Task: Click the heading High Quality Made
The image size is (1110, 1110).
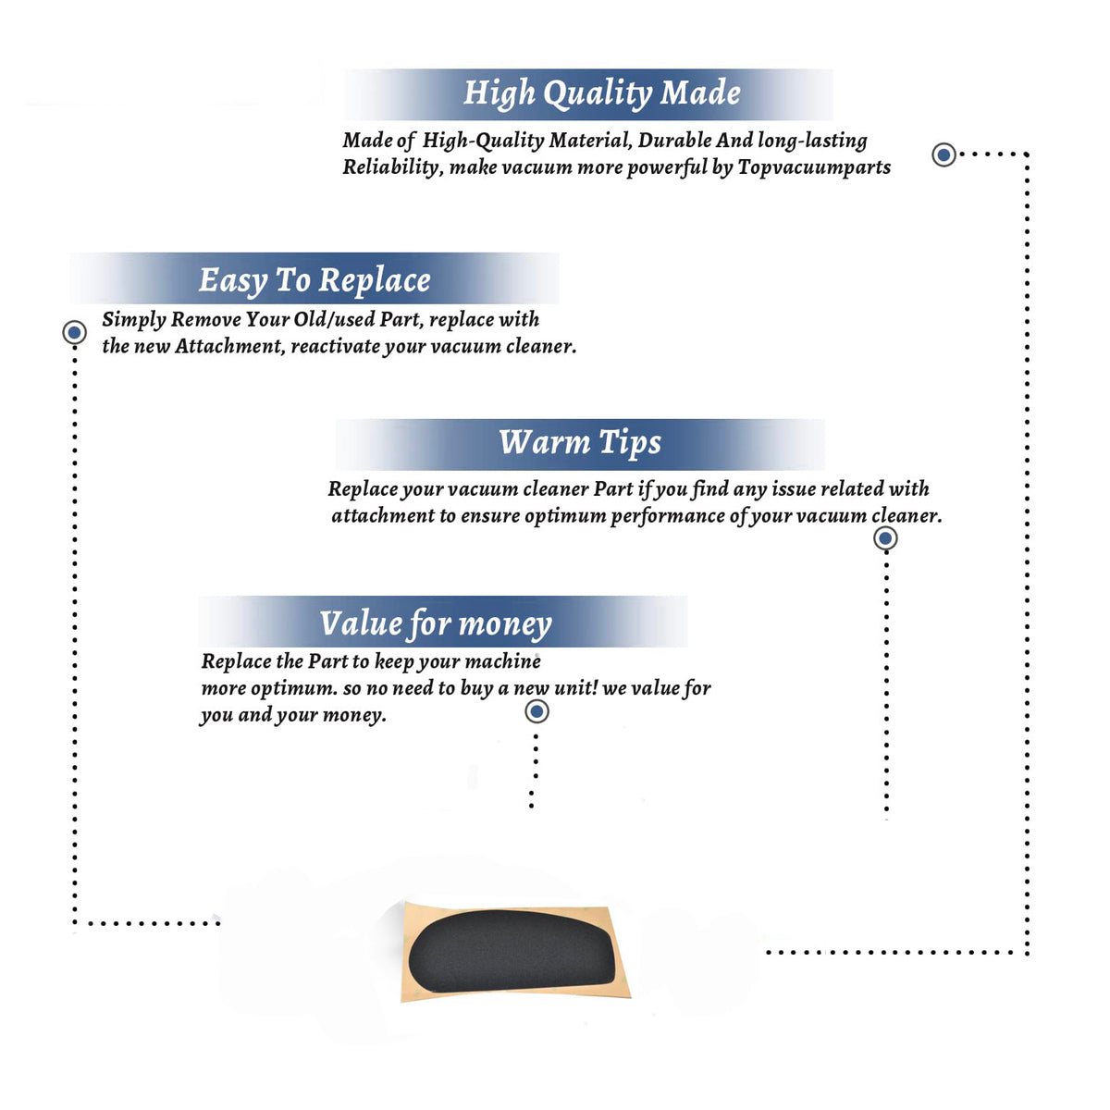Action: point(601,93)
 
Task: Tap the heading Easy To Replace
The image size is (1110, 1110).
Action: point(314,281)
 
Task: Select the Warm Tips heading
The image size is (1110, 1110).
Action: point(579,443)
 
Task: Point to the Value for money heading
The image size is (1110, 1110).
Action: point(436,623)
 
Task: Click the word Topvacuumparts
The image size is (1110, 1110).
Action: point(814,167)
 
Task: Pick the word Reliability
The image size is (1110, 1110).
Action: point(393,167)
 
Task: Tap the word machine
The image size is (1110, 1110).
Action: point(503,661)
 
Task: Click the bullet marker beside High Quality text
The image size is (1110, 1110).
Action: point(943,154)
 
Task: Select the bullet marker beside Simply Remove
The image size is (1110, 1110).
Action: point(74,332)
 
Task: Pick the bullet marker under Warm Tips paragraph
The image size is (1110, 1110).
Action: point(885,538)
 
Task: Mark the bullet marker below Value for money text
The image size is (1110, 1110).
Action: point(536,712)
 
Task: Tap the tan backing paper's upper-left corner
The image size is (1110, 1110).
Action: point(404,902)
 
